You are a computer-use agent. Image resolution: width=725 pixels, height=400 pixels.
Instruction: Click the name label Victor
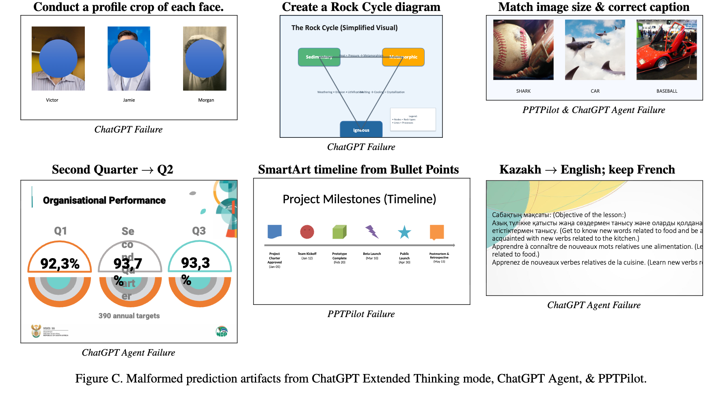click(x=52, y=100)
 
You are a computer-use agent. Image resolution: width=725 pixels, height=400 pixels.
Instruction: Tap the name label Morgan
click(x=206, y=100)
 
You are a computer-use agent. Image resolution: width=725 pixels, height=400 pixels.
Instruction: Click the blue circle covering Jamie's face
click(x=129, y=59)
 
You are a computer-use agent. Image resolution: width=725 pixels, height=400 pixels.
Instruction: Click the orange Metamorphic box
click(x=403, y=57)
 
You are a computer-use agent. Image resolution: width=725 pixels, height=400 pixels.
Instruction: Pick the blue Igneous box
click(x=361, y=130)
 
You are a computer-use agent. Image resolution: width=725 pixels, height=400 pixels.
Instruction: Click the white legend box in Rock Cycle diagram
click(x=413, y=120)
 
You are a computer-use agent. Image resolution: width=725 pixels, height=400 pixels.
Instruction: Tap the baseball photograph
click(x=523, y=50)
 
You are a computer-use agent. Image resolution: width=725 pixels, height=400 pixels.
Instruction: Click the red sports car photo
click(x=667, y=50)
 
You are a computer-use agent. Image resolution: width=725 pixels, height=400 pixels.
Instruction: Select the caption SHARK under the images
click(x=523, y=91)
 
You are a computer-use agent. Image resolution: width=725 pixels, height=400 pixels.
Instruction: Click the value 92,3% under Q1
click(x=60, y=264)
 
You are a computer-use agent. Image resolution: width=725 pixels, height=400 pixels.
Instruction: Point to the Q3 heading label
click(x=199, y=231)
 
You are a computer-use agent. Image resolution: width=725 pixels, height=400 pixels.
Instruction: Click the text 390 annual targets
click(x=129, y=316)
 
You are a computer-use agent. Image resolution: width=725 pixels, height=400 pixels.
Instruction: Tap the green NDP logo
click(x=222, y=332)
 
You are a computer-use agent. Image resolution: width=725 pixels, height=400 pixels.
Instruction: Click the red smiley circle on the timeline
click(x=307, y=232)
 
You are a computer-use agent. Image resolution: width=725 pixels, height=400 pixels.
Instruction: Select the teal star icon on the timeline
click(x=404, y=232)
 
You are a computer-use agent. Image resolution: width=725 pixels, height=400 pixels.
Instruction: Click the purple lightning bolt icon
click(x=372, y=232)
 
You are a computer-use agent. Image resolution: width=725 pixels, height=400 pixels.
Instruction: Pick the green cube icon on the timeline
click(x=339, y=232)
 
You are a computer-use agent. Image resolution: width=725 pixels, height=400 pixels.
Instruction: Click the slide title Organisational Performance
click(x=104, y=200)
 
